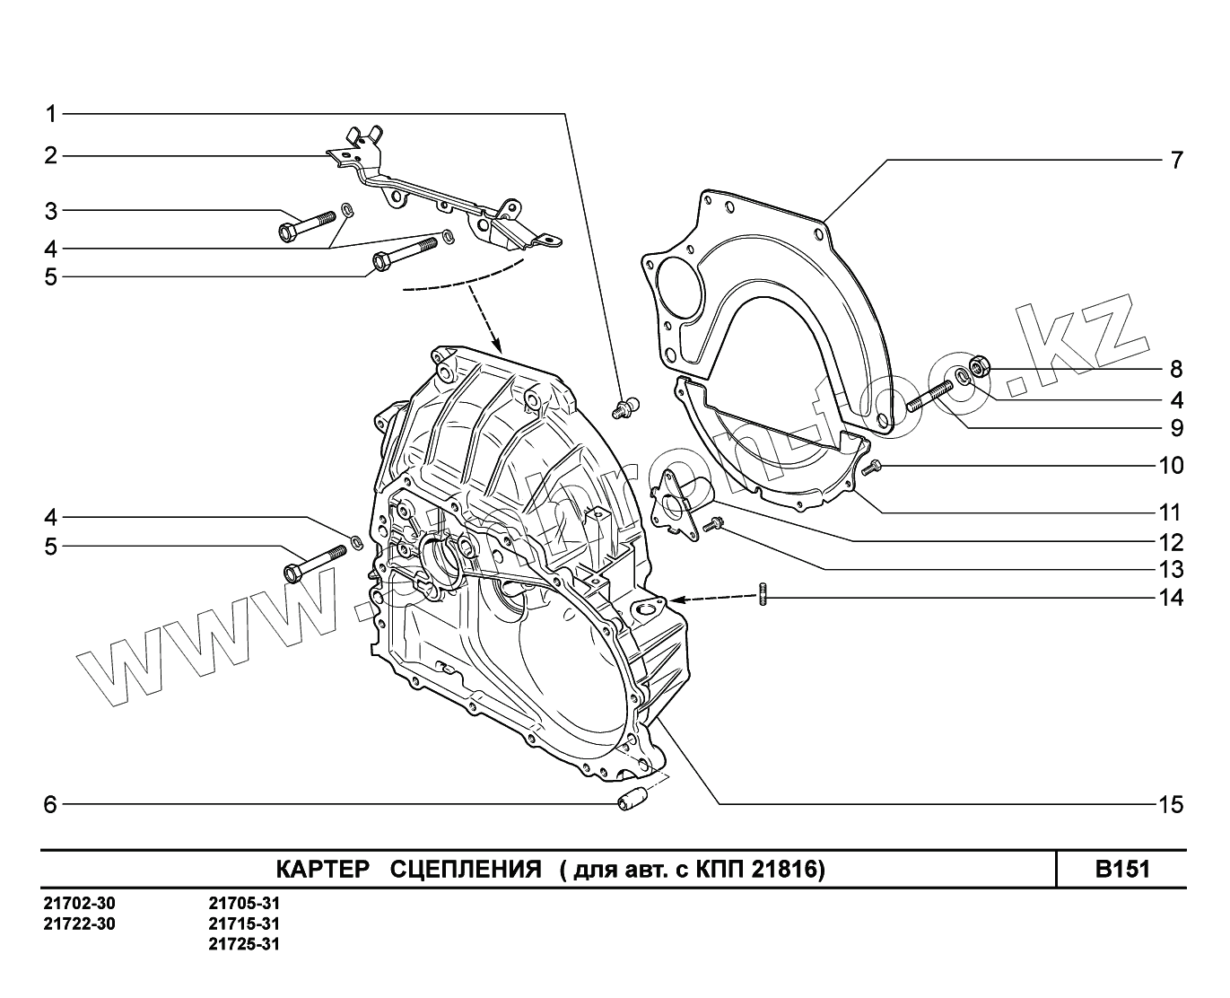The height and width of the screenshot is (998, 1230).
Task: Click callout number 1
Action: pyautogui.click(x=51, y=114)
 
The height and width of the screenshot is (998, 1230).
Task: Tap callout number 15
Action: pyautogui.click(x=1172, y=804)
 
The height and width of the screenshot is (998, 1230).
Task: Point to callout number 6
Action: pyautogui.click(x=50, y=804)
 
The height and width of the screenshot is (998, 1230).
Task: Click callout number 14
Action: pyautogui.click(x=1172, y=598)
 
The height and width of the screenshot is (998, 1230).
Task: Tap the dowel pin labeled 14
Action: pyautogui.click(x=763, y=595)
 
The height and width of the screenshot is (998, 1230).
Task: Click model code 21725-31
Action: pyautogui.click(x=243, y=944)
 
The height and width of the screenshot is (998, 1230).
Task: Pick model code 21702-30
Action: pyautogui.click(x=79, y=904)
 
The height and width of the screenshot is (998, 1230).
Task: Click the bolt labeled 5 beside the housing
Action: pyautogui.click(x=314, y=563)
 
